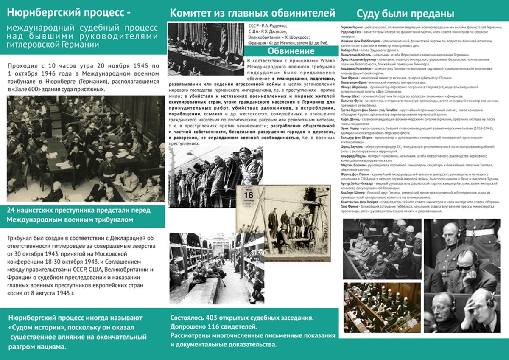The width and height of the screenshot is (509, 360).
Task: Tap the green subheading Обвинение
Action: pyautogui.click(x=291, y=51)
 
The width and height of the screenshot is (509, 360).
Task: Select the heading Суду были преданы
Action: pyautogui.click(x=405, y=13)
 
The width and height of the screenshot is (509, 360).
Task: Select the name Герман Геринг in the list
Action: pyautogui.click(x=350, y=27)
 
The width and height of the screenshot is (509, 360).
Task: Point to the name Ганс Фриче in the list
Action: pyautogui.click(x=349, y=206)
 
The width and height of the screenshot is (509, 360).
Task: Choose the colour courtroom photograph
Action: pyautogui.click(x=381, y=307)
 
